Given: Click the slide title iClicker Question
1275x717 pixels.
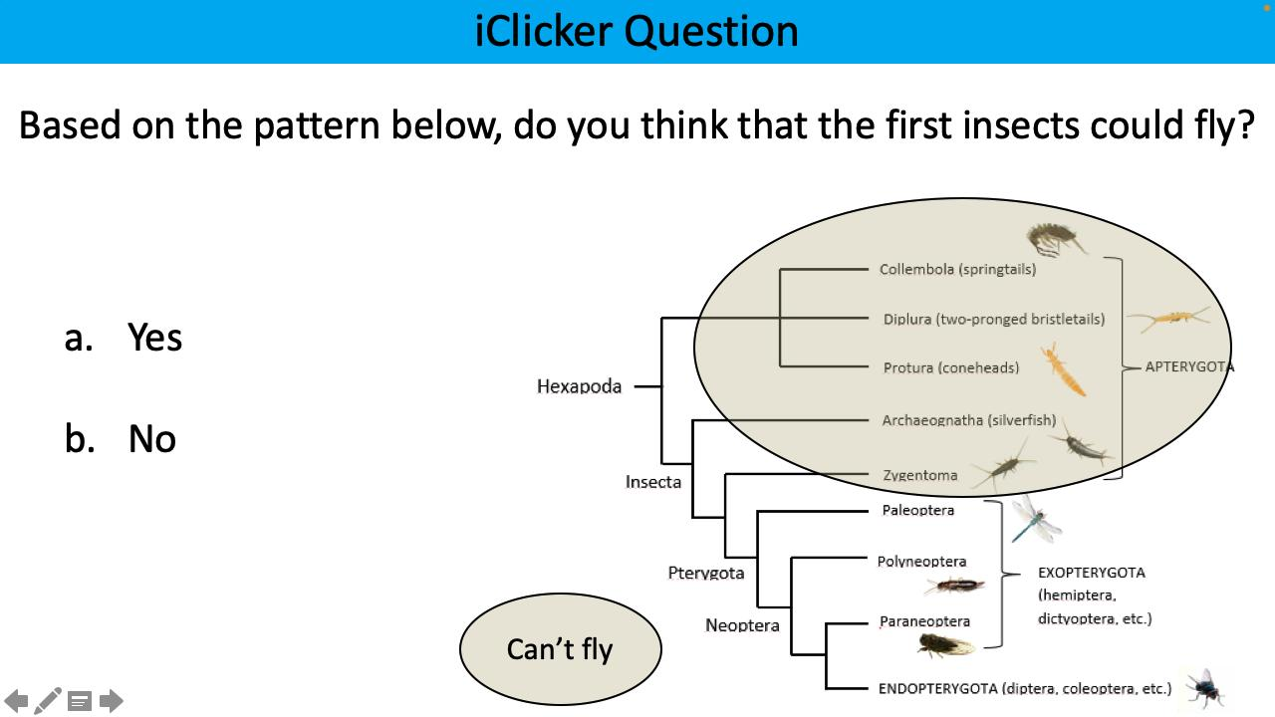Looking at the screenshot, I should point(637,31).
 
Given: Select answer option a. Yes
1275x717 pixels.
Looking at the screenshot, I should point(124,338).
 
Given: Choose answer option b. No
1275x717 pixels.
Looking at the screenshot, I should point(121,439).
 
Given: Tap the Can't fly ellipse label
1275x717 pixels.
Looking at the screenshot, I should point(560,649).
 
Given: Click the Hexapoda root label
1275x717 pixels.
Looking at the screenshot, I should point(579,386).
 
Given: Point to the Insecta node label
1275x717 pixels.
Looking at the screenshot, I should point(653,482).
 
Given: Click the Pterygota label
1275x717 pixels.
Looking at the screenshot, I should point(705,573).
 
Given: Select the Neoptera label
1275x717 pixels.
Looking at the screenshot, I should point(742,625).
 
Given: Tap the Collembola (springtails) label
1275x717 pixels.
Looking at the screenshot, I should point(957,269).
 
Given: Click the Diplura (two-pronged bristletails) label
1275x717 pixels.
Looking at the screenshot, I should point(993,320).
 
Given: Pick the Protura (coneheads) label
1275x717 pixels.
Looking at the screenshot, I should point(950,367).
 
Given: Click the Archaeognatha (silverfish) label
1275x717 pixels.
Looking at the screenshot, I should point(968,420).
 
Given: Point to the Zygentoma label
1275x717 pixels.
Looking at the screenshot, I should point(919,475).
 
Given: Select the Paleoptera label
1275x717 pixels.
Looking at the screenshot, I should point(917,511).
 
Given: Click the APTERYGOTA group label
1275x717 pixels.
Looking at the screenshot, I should point(1188,366).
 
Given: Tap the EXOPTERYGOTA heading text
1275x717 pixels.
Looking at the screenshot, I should point(1091,573).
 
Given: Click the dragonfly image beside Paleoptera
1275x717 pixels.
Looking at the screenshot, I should point(1034,519).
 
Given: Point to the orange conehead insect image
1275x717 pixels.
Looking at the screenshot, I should point(1063,369).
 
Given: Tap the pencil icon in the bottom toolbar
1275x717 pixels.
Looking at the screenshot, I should point(48,701).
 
